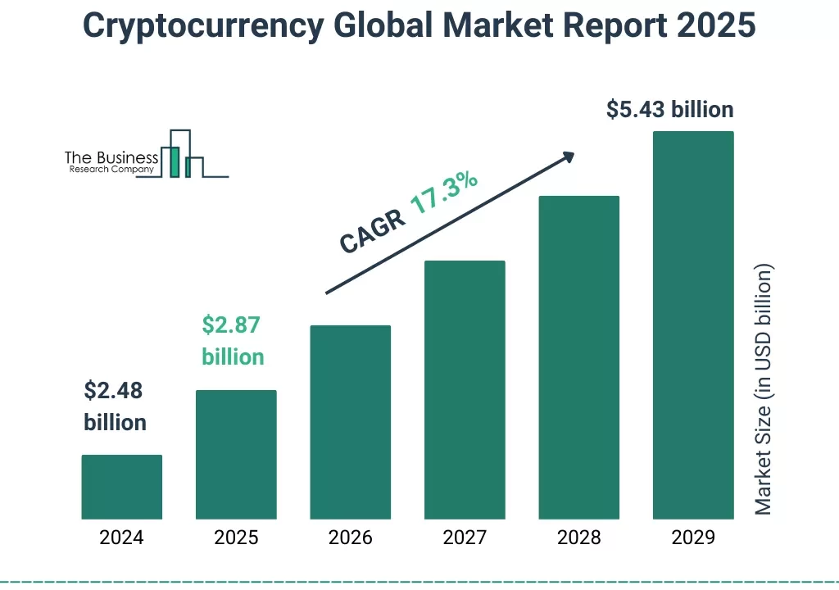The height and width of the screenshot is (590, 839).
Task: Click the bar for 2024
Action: point(122,487)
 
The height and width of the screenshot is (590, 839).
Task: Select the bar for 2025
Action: point(236,455)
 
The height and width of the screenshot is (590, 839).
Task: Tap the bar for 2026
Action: point(350,422)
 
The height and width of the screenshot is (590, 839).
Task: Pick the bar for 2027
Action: point(465,390)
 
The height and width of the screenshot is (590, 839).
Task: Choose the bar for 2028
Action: point(578,357)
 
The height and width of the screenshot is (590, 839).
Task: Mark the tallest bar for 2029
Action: point(692,325)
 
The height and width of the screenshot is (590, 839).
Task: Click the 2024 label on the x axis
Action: point(121,538)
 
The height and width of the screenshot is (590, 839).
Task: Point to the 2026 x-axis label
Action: point(350,538)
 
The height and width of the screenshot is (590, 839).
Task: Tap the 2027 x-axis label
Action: point(465,538)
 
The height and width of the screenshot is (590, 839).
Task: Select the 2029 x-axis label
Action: point(692,538)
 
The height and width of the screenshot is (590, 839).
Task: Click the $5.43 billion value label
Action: point(669,109)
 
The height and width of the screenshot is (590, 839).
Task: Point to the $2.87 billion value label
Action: point(233,341)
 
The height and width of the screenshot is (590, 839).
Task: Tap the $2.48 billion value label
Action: point(115,406)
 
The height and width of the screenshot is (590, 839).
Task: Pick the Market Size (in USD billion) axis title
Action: point(764,389)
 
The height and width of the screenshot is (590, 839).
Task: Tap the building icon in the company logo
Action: point(182,156)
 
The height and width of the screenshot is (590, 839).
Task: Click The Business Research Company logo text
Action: point(111,162)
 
